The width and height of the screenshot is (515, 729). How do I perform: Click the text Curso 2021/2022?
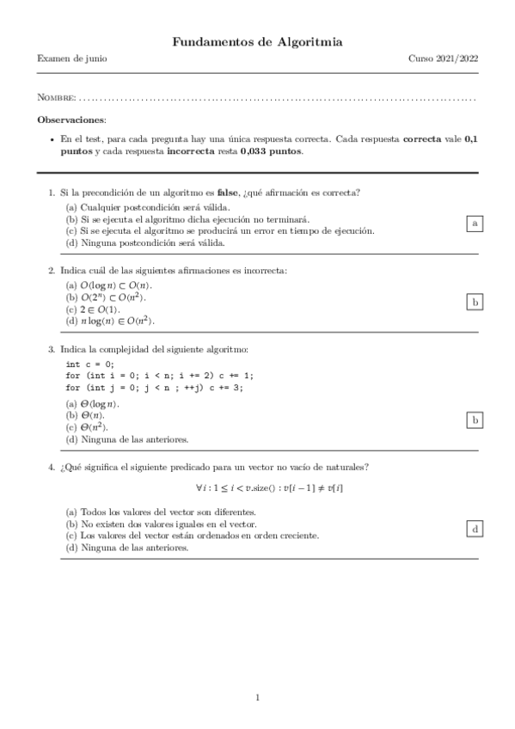coord(443,59)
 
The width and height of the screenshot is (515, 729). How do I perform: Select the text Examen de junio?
coord(72,59)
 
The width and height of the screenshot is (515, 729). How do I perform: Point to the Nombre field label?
coord(57,99)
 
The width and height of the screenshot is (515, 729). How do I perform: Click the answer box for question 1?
coord(474,224)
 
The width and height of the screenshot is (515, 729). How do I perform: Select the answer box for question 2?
coord(474,302)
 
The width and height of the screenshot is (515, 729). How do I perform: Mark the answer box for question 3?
coord(474,420)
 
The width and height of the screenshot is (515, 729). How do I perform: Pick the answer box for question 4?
coord(474,528)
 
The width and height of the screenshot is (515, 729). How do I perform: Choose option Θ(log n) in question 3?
coord(93,404)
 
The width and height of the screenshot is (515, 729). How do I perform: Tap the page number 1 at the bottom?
coord(257,696)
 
